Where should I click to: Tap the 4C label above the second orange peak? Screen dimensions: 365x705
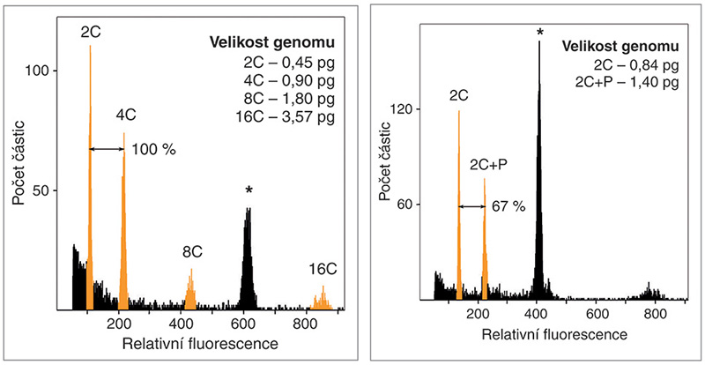(126, 115)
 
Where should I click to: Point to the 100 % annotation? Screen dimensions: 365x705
(154, 150)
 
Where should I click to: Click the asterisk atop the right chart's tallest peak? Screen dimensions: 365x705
(539, 34)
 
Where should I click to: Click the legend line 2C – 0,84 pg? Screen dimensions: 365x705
(635, 64)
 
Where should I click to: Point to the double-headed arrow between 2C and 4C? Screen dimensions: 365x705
(107, 150)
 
